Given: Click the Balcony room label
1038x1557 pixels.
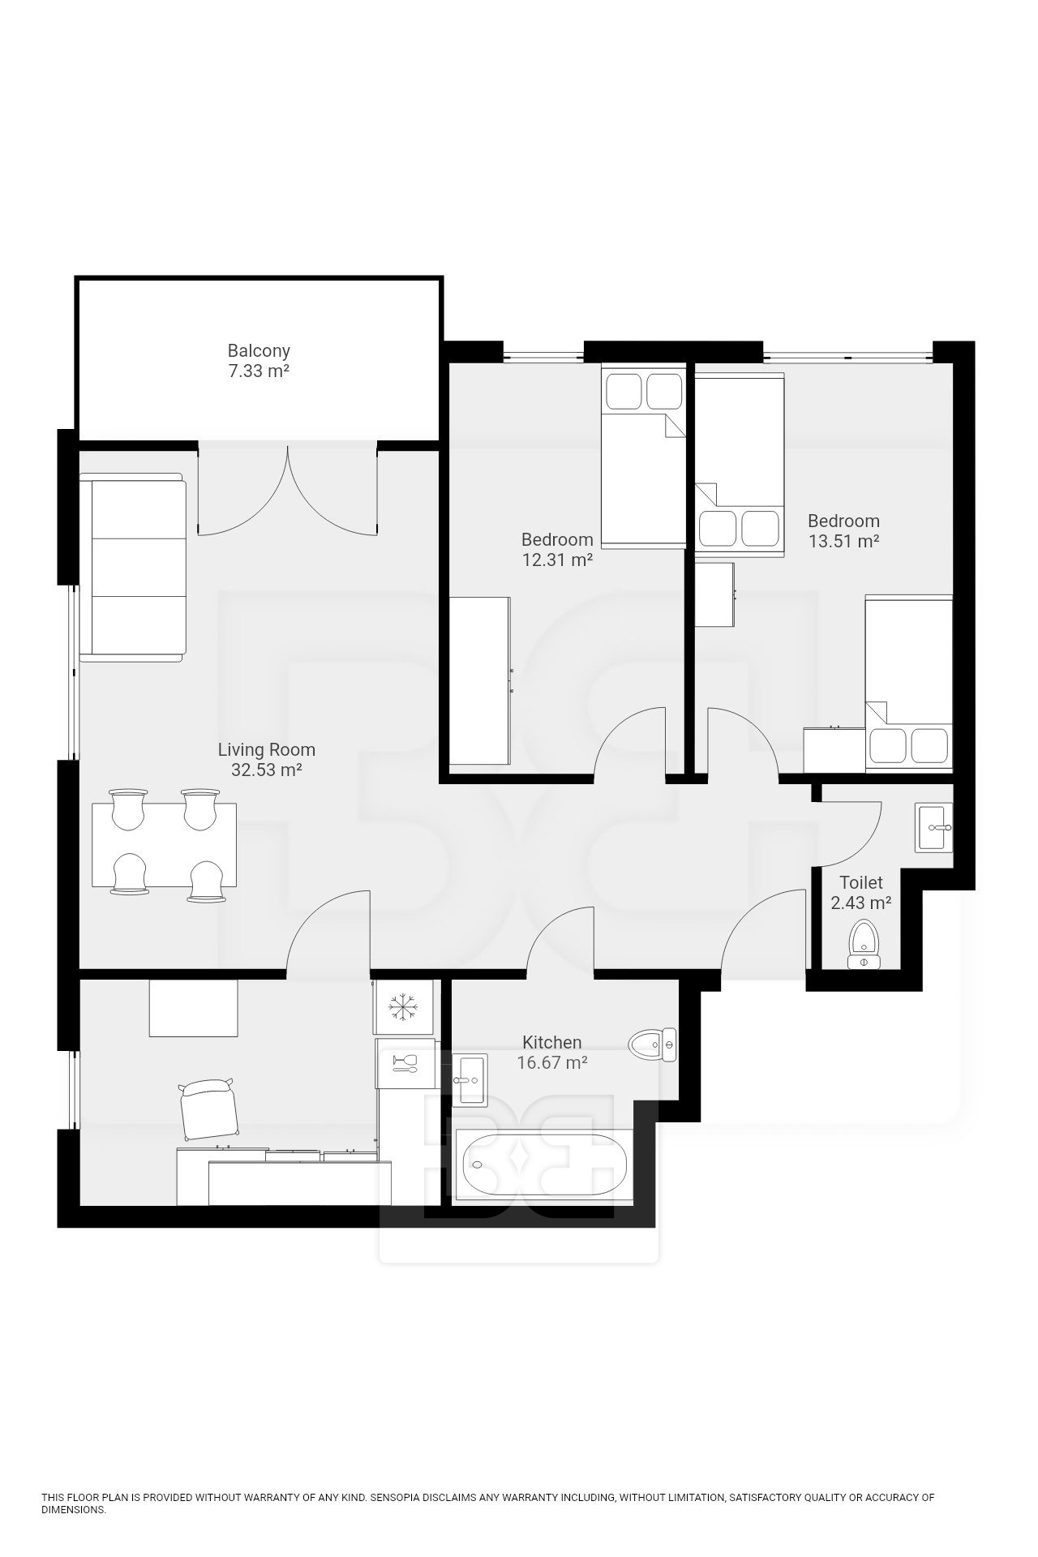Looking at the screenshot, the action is click(259, 351).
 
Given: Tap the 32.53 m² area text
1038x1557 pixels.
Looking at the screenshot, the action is click(267, 770).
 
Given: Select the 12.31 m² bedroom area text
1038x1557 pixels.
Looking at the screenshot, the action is click(557, 560).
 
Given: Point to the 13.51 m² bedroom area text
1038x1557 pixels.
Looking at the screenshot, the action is click(844, 541).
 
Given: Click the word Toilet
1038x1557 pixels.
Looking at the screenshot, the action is click(861, 881).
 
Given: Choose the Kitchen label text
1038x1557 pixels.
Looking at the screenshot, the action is click(552, 1042).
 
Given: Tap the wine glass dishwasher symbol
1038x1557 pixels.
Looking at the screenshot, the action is click(404, 1063).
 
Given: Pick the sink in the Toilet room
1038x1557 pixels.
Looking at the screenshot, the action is click(935, 827).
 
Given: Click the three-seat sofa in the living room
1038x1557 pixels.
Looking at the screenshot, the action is click(133, 568).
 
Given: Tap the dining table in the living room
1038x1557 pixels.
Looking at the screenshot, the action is click(165, 845).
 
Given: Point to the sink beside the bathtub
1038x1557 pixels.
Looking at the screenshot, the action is click(470, 1080).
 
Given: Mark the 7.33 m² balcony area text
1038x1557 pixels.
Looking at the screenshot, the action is click(259, 371).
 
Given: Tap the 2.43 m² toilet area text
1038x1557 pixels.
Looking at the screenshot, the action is click(861, 902).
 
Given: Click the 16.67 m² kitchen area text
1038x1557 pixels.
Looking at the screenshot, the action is click(552, 1062).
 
